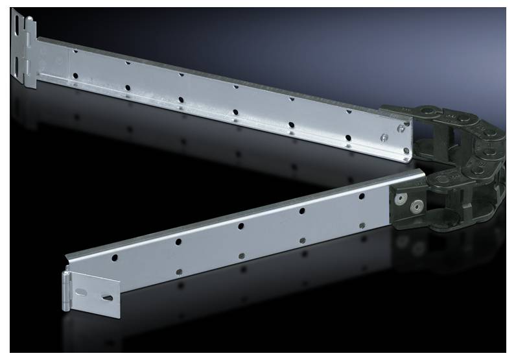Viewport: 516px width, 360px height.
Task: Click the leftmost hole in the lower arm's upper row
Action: (x=115, y=258)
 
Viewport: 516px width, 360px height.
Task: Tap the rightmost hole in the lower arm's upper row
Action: (x=361, y=195)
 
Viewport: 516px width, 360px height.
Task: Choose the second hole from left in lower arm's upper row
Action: (x=178, y=241)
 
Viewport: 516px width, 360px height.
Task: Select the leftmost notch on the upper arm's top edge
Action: (x=76, y=50)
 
